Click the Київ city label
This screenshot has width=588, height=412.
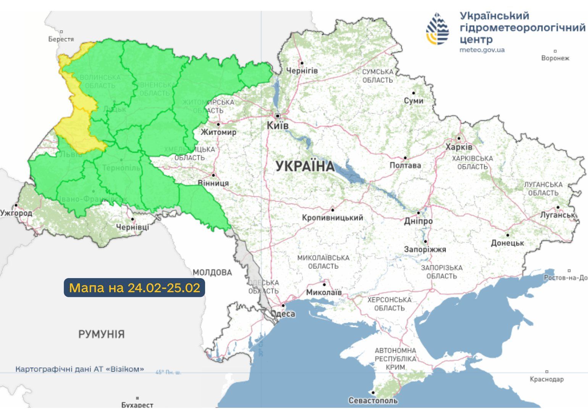pyautogui.click(x=278, y=126)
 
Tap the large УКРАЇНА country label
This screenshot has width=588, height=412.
pyautogui.click(x=305, y=166)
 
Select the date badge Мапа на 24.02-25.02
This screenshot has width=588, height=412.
pyautogui.click(x=134, y=288)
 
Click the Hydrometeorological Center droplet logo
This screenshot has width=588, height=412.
pyautogui.click(x=438, y=29)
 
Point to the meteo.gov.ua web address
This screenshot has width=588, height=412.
pyautogui.click(x=482, y=50)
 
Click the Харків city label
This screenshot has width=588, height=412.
pyautogui.click(x=459, y=147)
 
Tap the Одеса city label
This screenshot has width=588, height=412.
pyautogui.click(x=283, y=314)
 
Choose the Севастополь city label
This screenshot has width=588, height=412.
pyautogui.click(x=373, y=401)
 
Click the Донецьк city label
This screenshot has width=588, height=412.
pyautogui.click(x=507, y=243)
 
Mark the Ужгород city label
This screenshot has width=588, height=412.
pyautogui.click(x=16, y=213)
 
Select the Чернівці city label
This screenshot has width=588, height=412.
pyautogui.click(x=132, y=227)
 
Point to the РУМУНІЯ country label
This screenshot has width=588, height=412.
pyautogui.click(x=101, y=334)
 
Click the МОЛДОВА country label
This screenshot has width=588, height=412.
pyautogui.click(x=212, y=272)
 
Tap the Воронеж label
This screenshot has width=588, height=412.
pyautogui.click(x=555, y=58)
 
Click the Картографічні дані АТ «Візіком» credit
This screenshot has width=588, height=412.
pyautogui.click(x=80, y=369)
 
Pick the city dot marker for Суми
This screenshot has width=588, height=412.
pyautogui.click(x=414, y=93)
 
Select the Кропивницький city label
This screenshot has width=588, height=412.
pyautogui.click(x=332, y=218)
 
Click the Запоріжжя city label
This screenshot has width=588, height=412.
pyautogui.click(x=425, y=249)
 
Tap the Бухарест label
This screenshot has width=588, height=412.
pyautogui.click(x=137, y=405)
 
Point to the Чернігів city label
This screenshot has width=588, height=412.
pyautogui.click(x=302, y=71)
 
